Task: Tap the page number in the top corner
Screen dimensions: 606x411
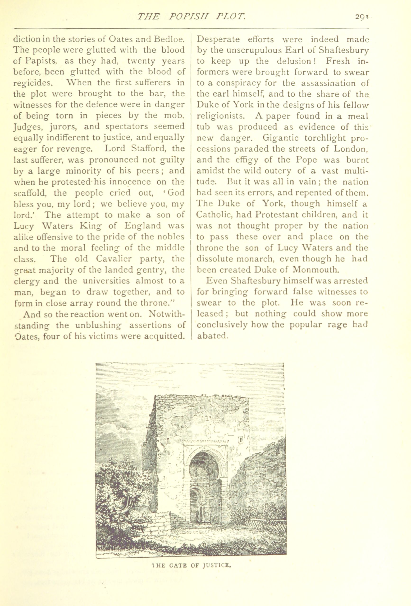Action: click(361, 17)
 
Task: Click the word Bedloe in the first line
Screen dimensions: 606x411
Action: click(169, 39)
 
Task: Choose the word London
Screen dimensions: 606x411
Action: click(351, 149)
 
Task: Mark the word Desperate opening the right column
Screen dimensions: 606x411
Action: click(218, 39)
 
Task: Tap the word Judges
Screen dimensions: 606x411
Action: click(27, 127)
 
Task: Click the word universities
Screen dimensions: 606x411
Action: click(105, 281)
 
